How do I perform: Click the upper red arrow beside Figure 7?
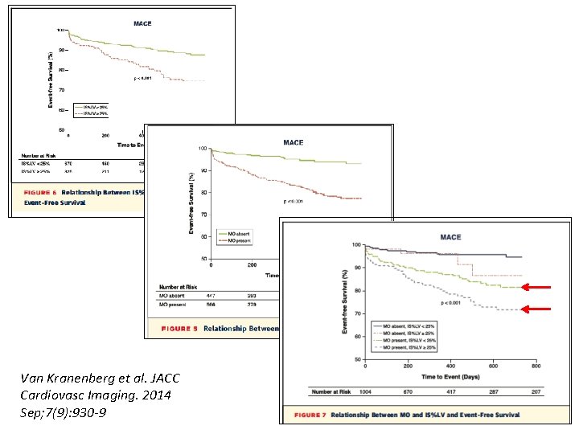point(540,287)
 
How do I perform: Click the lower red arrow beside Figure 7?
point(540,309)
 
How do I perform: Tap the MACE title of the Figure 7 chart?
point(450,237)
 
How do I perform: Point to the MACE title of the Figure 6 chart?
point(142,23)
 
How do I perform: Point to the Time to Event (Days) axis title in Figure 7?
point(453,376)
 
